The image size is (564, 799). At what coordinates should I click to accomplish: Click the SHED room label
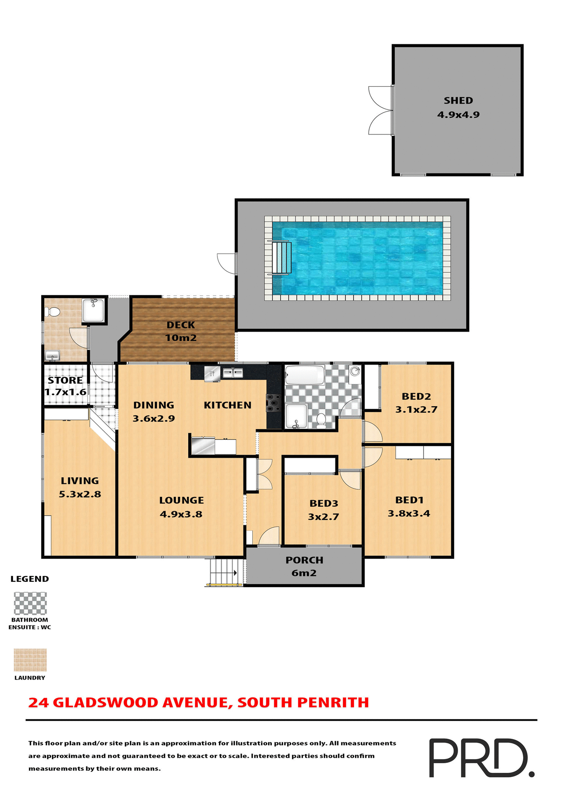(x=458, y=101)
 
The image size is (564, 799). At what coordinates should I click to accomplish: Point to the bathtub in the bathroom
(x=305, y=375)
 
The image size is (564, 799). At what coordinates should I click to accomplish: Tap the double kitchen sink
(x=233, y=373)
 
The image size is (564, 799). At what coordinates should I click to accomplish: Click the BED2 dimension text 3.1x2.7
(x=416, y=409)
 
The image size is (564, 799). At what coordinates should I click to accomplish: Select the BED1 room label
(x=409, y=500)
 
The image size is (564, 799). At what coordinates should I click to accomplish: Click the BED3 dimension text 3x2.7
(x=323, y=517)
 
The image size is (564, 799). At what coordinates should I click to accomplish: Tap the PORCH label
(x=304, y=560)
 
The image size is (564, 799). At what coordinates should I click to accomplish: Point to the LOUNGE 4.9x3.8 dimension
(x=181, y=514)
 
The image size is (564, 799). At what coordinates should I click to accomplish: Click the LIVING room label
(x=80, y=481)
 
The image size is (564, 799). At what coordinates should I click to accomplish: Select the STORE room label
(x=65, y=380)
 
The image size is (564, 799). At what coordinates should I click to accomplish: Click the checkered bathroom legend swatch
(x=30, y=603)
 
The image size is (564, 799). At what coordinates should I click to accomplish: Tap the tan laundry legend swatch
(x=30, y=660)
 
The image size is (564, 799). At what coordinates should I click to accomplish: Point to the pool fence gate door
(x=227, y=263)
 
